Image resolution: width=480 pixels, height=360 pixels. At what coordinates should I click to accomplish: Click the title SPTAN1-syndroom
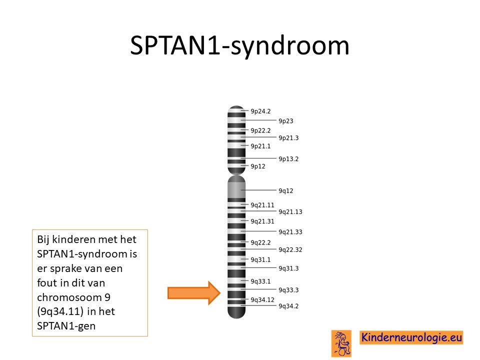[x=239, y=46]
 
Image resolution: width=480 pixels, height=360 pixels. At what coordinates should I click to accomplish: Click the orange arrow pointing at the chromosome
[x=194, y=293]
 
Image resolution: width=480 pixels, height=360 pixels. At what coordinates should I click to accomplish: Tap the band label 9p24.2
[x=260, y=111]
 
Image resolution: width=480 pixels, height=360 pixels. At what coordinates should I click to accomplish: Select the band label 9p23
[x=286, y=121]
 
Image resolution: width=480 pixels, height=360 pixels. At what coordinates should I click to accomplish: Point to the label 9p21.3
[x=288, y=138]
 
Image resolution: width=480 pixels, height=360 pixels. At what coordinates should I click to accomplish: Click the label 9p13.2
[x=288, y=159]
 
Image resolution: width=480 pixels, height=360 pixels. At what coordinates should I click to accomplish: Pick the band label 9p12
[x=258, y=166]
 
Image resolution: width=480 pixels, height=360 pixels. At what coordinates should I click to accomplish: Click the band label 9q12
[x=285, y=190]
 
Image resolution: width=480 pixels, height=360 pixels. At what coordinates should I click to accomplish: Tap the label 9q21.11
[x=262, y=205]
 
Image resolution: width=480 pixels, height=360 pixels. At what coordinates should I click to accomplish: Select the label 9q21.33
[x=290, y=232]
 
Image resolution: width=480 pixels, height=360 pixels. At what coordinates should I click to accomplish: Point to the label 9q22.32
[x=290, y=250]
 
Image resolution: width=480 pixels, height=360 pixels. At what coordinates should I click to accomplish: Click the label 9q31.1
[x=260, y=260]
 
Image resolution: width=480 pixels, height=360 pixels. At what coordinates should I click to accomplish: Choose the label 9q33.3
[x=288, y=290]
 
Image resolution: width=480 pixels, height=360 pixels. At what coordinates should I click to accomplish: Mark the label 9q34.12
[x=262, y=300]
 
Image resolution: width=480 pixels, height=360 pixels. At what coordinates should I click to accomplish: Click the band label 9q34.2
[x=288, y=306]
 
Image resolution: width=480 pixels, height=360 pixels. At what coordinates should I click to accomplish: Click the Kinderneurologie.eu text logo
[x=411, y=337]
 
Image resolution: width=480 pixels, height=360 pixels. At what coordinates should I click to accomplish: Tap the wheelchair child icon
[x=341, y=343]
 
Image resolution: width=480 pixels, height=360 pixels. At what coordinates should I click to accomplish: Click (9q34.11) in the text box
[x=60, y=311]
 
